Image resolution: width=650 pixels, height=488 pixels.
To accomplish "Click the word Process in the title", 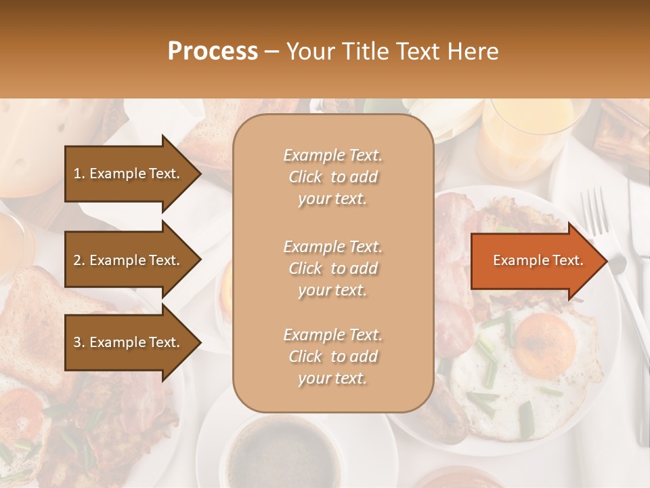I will point(213,52).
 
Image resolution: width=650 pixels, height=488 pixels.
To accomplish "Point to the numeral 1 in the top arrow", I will point(77,174).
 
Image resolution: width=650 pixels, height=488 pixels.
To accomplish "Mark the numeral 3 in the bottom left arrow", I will point(77,343).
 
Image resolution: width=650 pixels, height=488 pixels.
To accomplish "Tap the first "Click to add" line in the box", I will point(332,178).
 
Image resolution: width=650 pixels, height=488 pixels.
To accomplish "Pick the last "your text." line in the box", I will point(332,379).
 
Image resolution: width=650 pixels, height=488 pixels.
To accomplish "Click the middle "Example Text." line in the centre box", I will point(332,247).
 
